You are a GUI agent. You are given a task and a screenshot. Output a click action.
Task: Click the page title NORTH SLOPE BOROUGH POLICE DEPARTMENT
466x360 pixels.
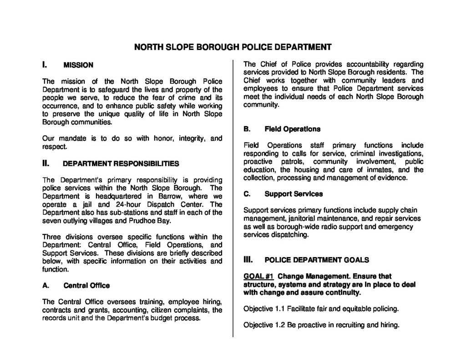pos(233,47)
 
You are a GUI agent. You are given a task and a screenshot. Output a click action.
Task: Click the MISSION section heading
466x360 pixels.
pos(78,66)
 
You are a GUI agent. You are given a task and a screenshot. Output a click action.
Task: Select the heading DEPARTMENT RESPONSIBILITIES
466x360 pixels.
pos(121,163)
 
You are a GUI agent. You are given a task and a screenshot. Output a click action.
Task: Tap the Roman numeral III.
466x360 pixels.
pos(248,260)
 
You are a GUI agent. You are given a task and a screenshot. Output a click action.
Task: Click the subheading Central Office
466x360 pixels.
pos(86,286)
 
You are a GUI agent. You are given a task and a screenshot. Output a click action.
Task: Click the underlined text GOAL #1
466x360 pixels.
pos(258,276)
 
